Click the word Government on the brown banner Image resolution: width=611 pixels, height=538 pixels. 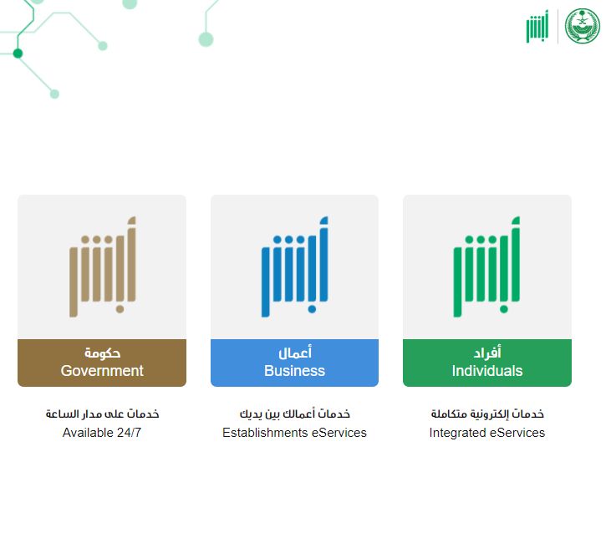pyautogui.click(x=102, y=371)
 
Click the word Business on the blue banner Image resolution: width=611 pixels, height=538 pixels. pyautogui.click(x=294, y=371)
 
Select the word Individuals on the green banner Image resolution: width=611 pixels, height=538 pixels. pyautogui.click(x=487, y=371)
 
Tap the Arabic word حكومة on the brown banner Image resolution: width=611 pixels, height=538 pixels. pyautogui.click(x=102, y=353)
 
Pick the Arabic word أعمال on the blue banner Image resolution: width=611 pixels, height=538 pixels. pyautogui.click(x=294, y=353)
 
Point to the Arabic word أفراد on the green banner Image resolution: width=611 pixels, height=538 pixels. pyautogui.click(x=487, y=353)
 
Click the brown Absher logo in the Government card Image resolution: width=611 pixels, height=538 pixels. pyautogui.click(x=102, y=266)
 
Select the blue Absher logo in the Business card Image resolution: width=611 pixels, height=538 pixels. pyautogui.click(x=294, y=266)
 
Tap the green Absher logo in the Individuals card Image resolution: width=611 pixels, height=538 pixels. pyautogui.click(x=487, y=266)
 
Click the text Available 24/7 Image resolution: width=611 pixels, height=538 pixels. pyautogui.click(x=102, y=433)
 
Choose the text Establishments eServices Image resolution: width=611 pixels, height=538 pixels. pyautogui.click(x=294, y=433)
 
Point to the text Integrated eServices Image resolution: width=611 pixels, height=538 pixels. pyautogui.click(x=487, y=433)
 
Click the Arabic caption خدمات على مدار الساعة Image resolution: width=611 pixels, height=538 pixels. pyautogui.click(x=102, y=414)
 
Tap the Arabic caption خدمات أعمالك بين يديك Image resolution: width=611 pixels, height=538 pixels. pyautogui.click(x=294, y=414)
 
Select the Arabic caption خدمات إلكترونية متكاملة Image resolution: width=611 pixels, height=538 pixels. pyautogui.click(x=487, y=414)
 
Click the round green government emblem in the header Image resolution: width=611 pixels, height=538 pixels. pyautogui.click(x=583, y=27)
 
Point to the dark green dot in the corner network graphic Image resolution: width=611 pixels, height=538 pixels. pyautogui.click(x=18, y=53)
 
